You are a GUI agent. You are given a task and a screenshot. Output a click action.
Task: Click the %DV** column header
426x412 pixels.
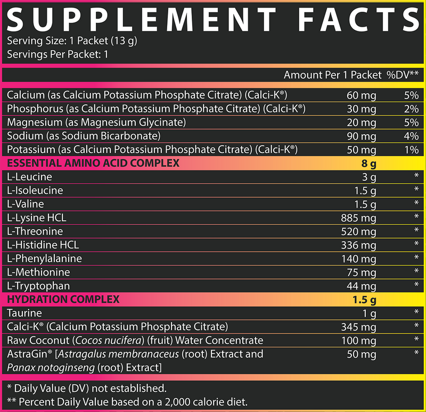[x=403, y=75]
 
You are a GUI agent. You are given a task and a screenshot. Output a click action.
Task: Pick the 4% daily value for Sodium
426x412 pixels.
[x=411, y=136]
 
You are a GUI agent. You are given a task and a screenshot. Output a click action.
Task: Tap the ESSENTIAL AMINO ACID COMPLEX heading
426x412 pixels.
[x=93, y=163]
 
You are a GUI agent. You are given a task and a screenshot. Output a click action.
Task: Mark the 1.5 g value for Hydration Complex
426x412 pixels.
[x=365, y=299]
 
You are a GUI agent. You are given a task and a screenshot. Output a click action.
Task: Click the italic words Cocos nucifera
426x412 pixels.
[x=95, y=341]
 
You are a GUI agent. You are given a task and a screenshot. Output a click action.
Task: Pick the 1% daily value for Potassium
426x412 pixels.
[x=411, y=150]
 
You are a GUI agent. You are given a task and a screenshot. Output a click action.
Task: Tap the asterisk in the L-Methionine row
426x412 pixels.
[x=415, y=272]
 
